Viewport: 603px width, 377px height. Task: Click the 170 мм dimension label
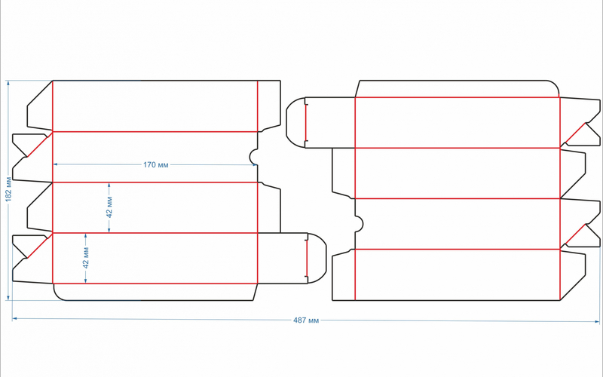[156, 164]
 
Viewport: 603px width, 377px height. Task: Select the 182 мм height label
[8, 189]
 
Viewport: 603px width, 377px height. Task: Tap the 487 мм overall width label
[306, 320]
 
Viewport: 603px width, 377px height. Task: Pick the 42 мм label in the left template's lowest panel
[86, 258]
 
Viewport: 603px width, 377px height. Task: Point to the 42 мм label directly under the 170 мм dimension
[109, 207]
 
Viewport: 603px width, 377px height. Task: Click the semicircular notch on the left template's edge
[253, 157]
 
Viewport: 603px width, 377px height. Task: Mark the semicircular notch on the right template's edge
[360, 224]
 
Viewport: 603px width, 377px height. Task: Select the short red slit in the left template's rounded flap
[307, 259]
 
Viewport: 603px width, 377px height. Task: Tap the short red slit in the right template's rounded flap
[306, 123]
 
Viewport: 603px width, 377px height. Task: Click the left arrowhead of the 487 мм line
[14, 318]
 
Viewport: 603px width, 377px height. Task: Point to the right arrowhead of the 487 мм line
[597, 321]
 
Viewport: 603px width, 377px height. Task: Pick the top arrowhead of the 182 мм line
[8, 83]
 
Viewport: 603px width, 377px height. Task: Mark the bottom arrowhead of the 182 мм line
[8, 297]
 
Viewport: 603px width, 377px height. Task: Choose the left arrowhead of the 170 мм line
[55, 164]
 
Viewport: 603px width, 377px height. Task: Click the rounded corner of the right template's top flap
[554, 85]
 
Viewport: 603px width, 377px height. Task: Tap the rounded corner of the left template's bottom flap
[58, 295]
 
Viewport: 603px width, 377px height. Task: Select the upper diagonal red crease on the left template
[39, 144]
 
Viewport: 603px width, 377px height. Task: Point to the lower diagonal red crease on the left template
[39, 246]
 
